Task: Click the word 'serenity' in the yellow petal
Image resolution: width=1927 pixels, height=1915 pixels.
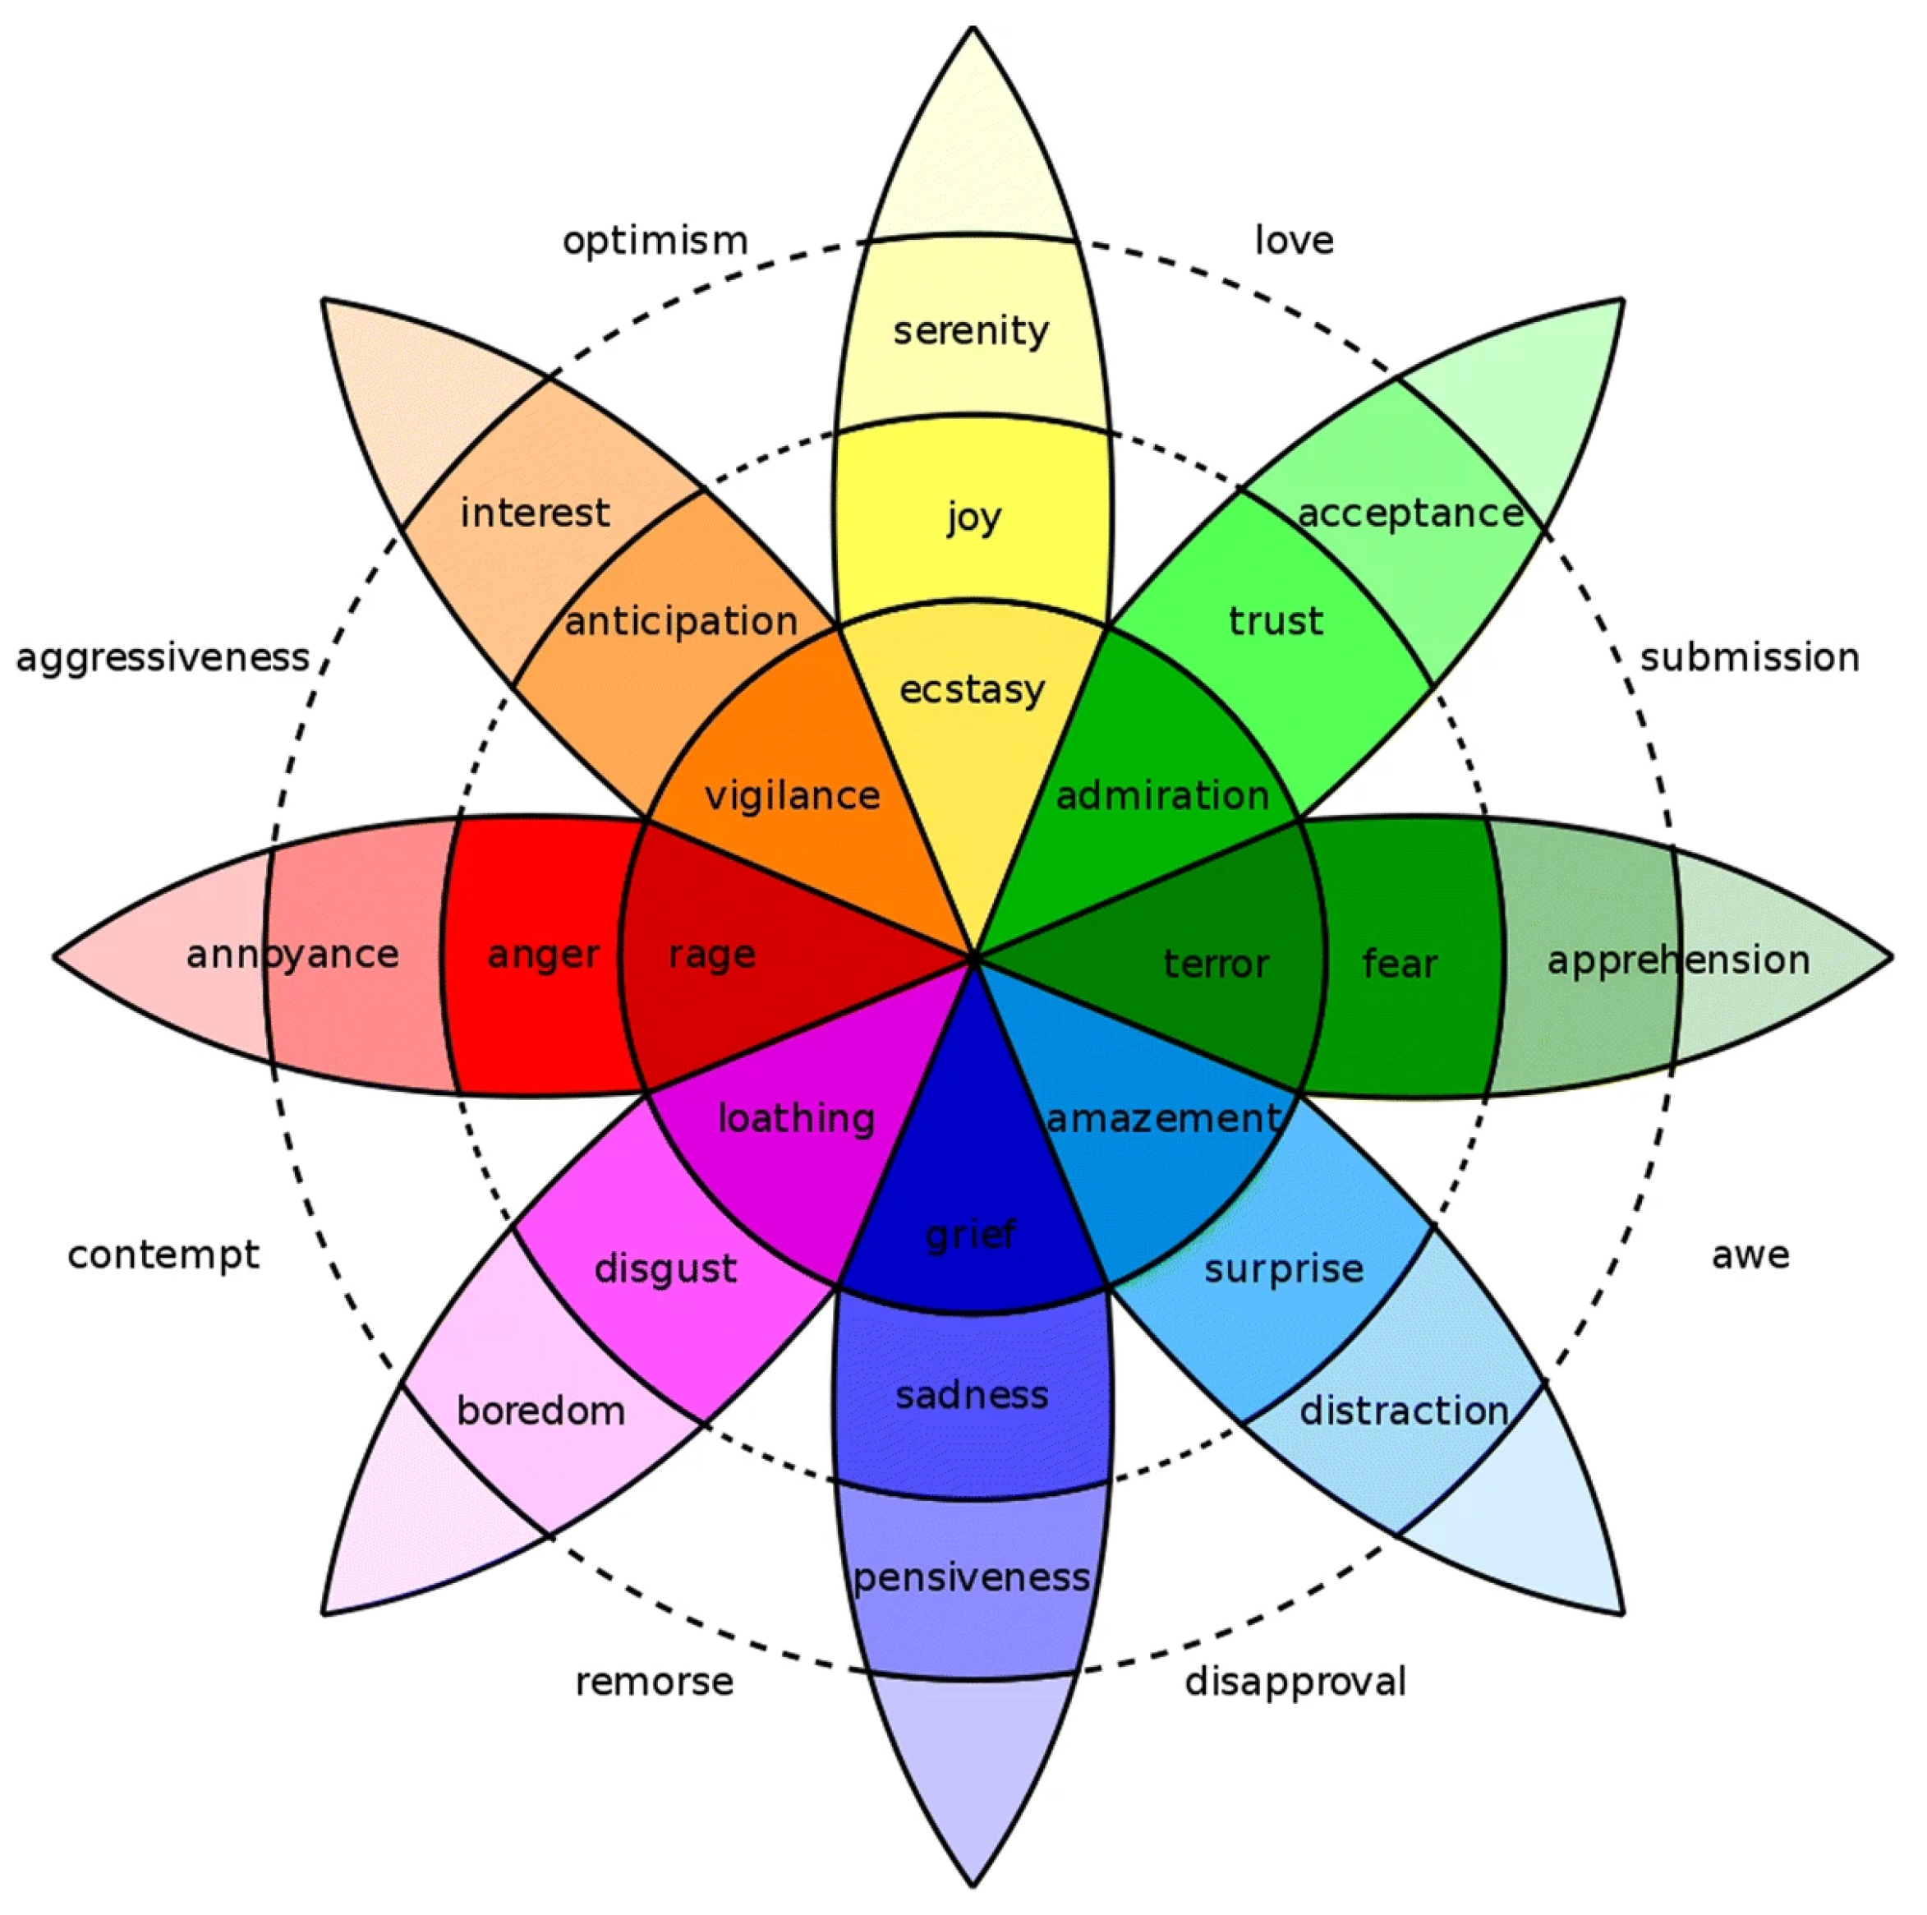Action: (971, 331)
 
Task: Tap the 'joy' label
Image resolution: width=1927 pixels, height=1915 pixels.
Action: (973, 518)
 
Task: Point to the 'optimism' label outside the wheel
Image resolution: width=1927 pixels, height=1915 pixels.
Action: (655, 242)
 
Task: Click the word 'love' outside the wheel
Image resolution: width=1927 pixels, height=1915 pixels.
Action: (1294, 242)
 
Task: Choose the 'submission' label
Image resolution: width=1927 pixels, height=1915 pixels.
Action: (1750, 657)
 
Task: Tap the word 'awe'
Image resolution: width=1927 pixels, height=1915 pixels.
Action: (1750, 1254)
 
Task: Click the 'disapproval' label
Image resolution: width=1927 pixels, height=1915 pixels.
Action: (1295, 1682)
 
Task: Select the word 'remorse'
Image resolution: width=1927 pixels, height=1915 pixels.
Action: (655, 1682)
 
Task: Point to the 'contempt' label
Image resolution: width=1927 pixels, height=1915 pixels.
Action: (163, 1254)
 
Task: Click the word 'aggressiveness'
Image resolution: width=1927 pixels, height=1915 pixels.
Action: (163, 657)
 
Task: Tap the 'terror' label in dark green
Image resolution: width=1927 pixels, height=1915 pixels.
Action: (1216, 964)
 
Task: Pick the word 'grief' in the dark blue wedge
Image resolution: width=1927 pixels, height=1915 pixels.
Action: (969, 1236)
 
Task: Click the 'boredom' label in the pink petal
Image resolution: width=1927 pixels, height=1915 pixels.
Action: (540, 1411)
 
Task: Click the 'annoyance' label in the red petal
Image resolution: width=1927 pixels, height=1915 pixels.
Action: (292, 955)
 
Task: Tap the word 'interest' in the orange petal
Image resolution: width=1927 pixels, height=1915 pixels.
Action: (535, 513)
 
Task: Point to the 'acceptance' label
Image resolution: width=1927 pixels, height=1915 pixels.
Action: (1410, 513)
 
